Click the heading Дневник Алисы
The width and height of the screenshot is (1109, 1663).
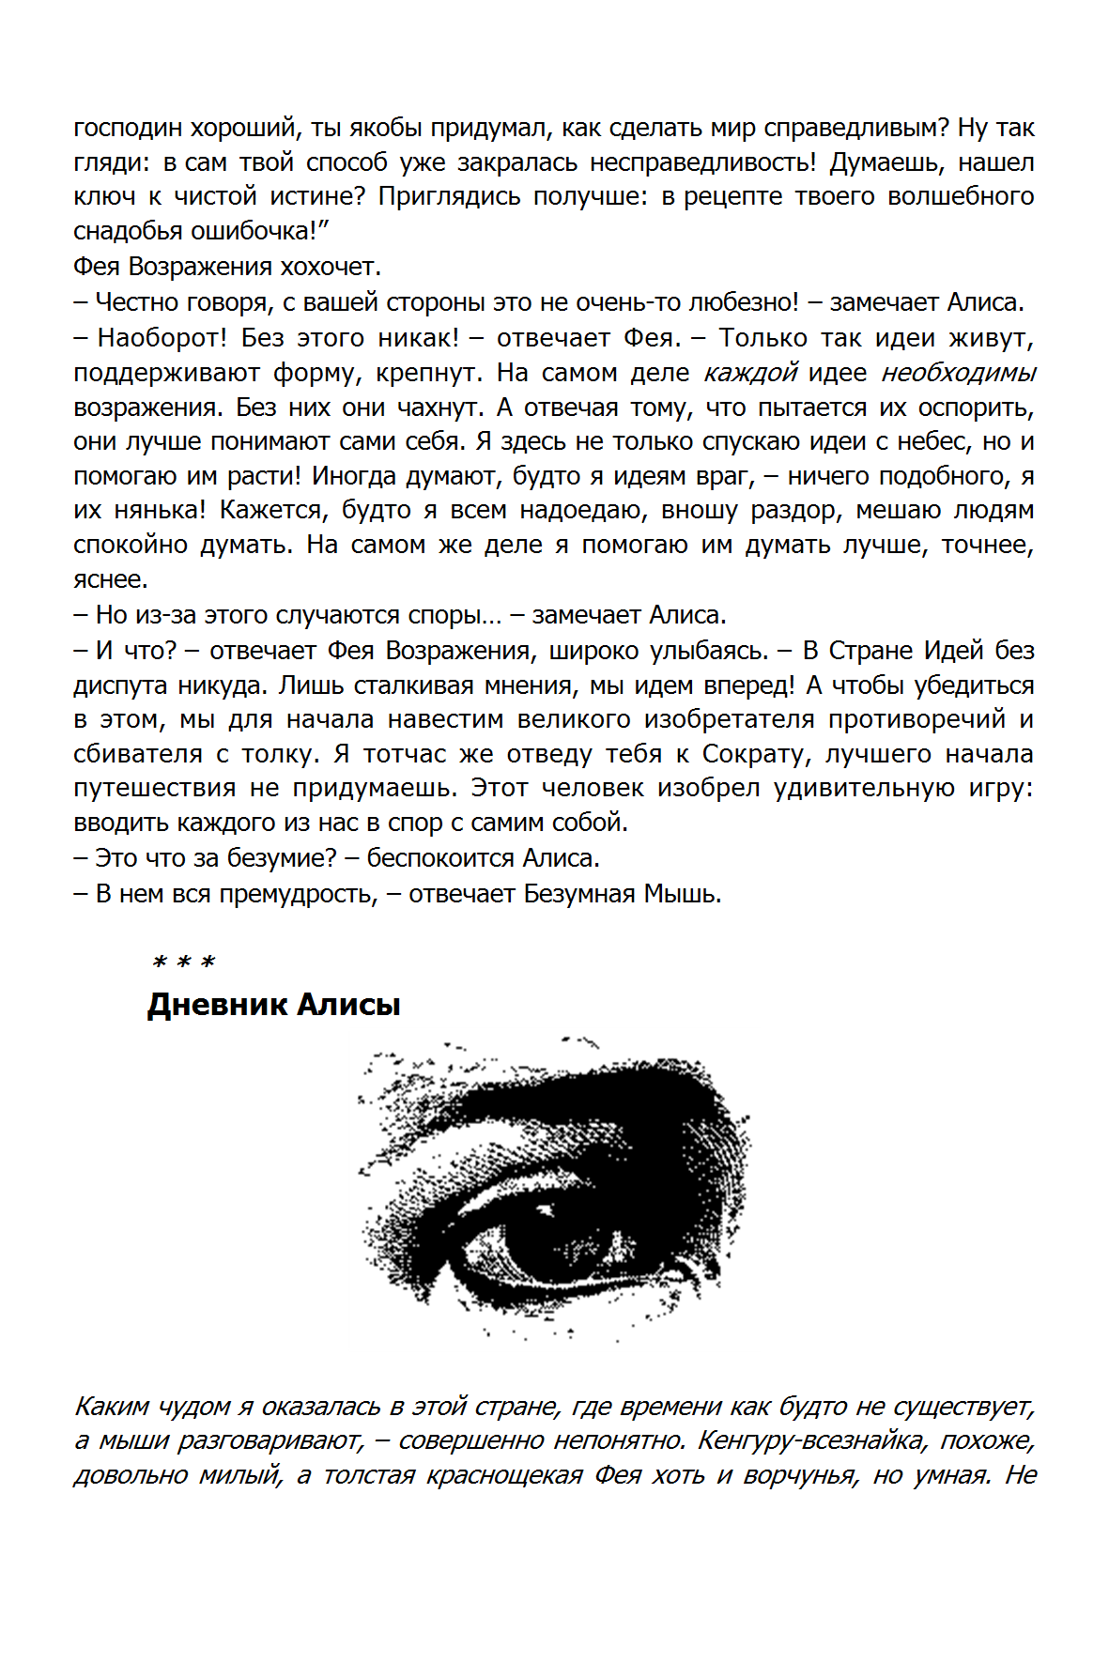coord(273,1005)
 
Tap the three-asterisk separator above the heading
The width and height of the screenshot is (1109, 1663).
coord(184,962)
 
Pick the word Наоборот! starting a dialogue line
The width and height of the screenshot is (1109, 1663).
coord(162,337)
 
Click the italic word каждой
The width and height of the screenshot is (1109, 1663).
coord(750,373)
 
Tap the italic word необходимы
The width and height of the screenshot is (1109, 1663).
coord(958,373)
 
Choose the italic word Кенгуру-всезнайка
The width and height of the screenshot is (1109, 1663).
coord(810,1440)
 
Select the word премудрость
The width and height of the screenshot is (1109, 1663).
coord(298,894)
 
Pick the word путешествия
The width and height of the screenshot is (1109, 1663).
coord(155,788)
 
